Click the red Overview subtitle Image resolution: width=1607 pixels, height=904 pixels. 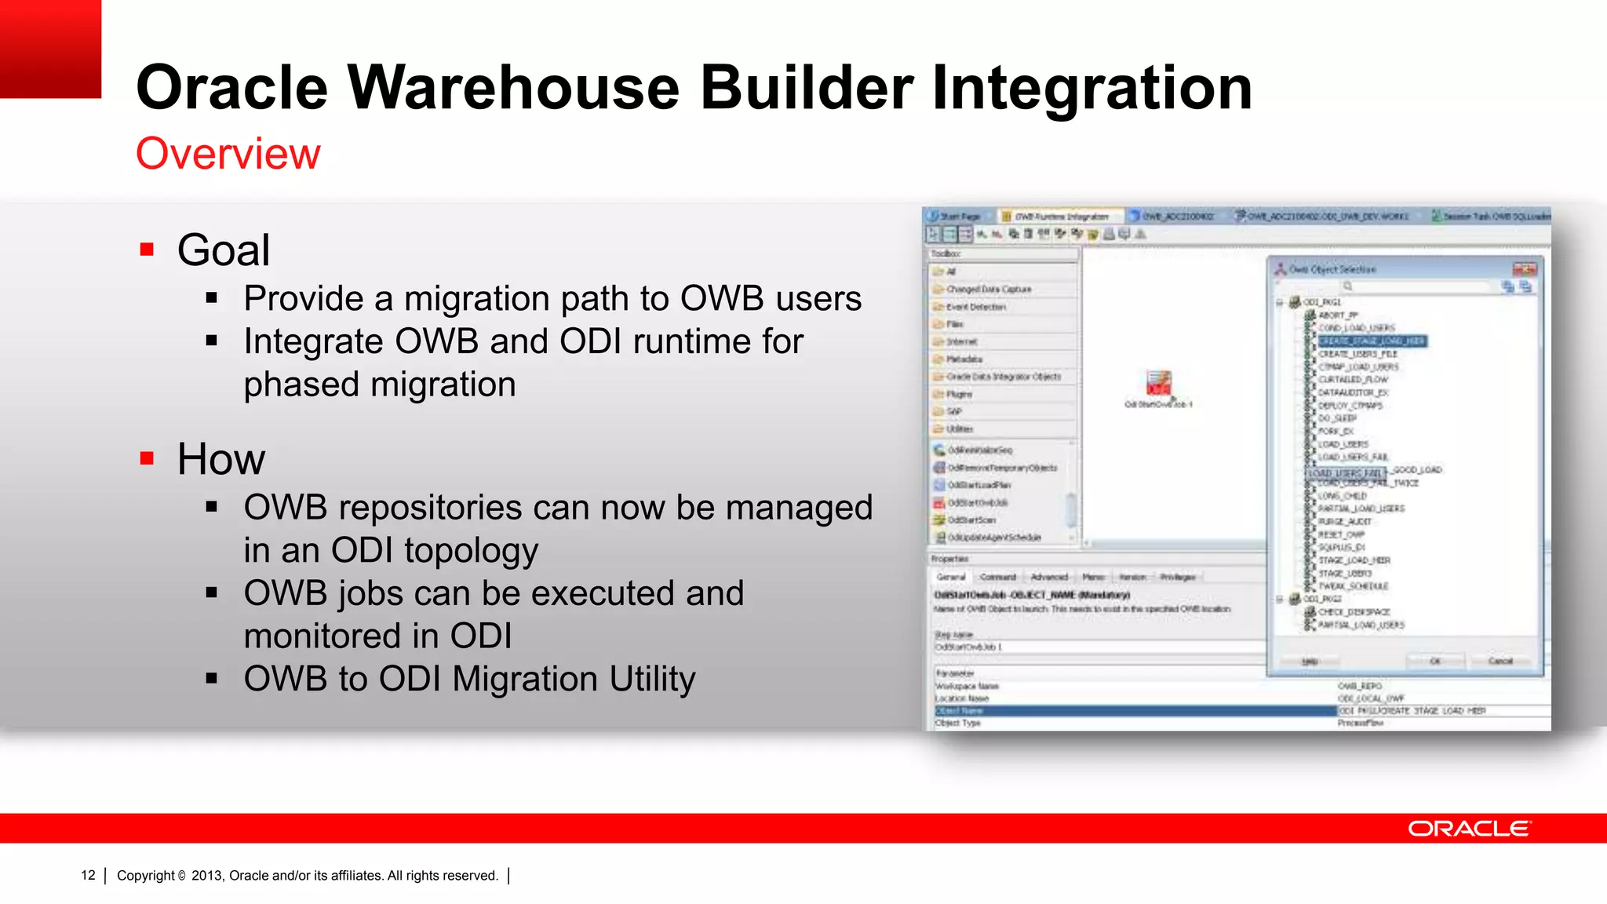[x=228, y=153]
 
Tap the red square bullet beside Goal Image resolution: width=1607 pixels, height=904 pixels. [x=147, y=250]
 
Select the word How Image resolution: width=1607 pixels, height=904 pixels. [x=220, y=459]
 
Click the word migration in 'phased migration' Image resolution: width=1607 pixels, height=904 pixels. [x=443, y=385]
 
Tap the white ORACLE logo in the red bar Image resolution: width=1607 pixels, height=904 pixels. [x=1468, y=829]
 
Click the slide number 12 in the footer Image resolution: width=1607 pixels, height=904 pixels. [x=88, y=875]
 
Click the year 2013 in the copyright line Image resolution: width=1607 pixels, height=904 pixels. [x=206, y=875]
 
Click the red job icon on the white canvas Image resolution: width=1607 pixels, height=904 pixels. [x=1158, y=383]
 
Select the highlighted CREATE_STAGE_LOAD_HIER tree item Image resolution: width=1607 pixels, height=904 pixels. [x=1372, y=341]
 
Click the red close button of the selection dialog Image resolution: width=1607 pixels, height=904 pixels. [x=1525, y=269]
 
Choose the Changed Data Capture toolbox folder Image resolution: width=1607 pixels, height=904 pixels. [x=989, y=289]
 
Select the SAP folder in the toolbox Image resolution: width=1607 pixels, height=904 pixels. [x=953, y=411]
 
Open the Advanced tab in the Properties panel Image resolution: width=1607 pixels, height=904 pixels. [x=1049, y=577]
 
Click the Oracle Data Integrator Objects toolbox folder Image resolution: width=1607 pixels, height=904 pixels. [x=1003, y=377]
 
